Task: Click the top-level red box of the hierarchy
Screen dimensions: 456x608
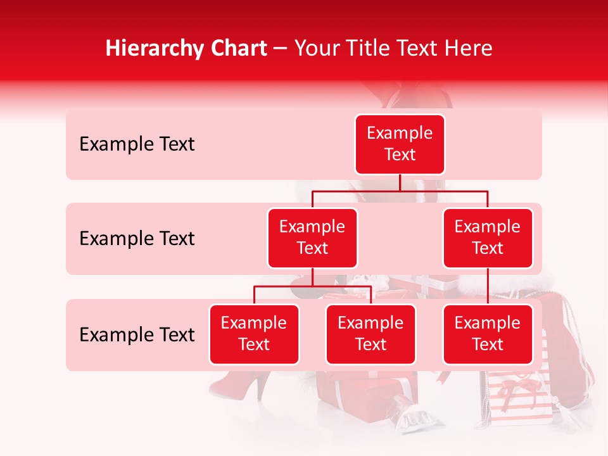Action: (x=400, y=144)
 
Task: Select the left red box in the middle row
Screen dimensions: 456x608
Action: (x=312, y=237)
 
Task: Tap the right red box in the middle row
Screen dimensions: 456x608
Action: (x=488, y=237)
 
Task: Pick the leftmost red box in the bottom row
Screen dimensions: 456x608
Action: (x=254, y=334)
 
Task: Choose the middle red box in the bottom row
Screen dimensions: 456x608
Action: (x=370, y=334)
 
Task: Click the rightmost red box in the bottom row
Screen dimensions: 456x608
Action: (x=488, y=334)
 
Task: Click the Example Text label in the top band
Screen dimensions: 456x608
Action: (x=137, y=144)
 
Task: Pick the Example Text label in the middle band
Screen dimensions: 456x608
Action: (x=137, y=239)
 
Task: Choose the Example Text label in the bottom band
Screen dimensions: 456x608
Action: (x=137, y=335)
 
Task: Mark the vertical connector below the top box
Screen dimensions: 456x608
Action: (x=400, y=182)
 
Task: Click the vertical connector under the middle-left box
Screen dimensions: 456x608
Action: (x=312, y=277)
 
